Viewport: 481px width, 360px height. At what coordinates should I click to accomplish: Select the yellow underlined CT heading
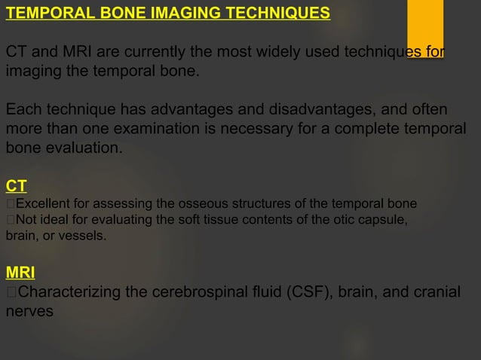pyautogui.click(x=15, y=185)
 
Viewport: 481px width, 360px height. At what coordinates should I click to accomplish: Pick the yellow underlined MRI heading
pyautogui.click(x=20, y=271)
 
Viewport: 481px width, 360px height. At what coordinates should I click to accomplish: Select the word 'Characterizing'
pyautogui.click(x=69, y=291)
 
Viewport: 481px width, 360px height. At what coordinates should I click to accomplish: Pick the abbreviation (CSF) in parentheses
pyautogui.click(x=308, y=291)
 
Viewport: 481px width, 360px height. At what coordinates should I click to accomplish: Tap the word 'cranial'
pyautogui.click(x=435, y=291)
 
